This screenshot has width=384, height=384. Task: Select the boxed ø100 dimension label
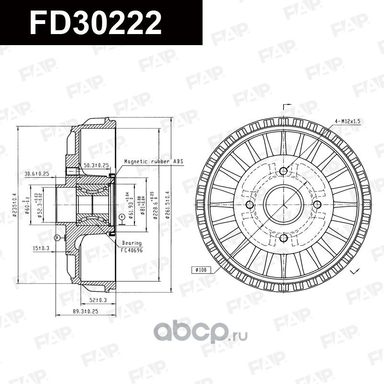click(x=200, y=269)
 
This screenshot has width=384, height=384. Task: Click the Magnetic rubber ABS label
click(x=154, y=162)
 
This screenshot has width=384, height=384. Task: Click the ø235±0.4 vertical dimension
click(x=16, y=205)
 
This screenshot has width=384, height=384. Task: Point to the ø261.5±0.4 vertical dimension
click(x=168, y=205)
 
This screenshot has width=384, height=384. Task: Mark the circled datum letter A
click(x=122, y=216)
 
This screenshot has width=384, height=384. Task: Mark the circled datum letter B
click(x=57, y=237)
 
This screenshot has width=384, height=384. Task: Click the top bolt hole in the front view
click(x=283, y=171)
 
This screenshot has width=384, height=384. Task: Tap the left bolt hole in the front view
click(x=249, y=205)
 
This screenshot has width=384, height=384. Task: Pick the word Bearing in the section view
click(x=131, y=244)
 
